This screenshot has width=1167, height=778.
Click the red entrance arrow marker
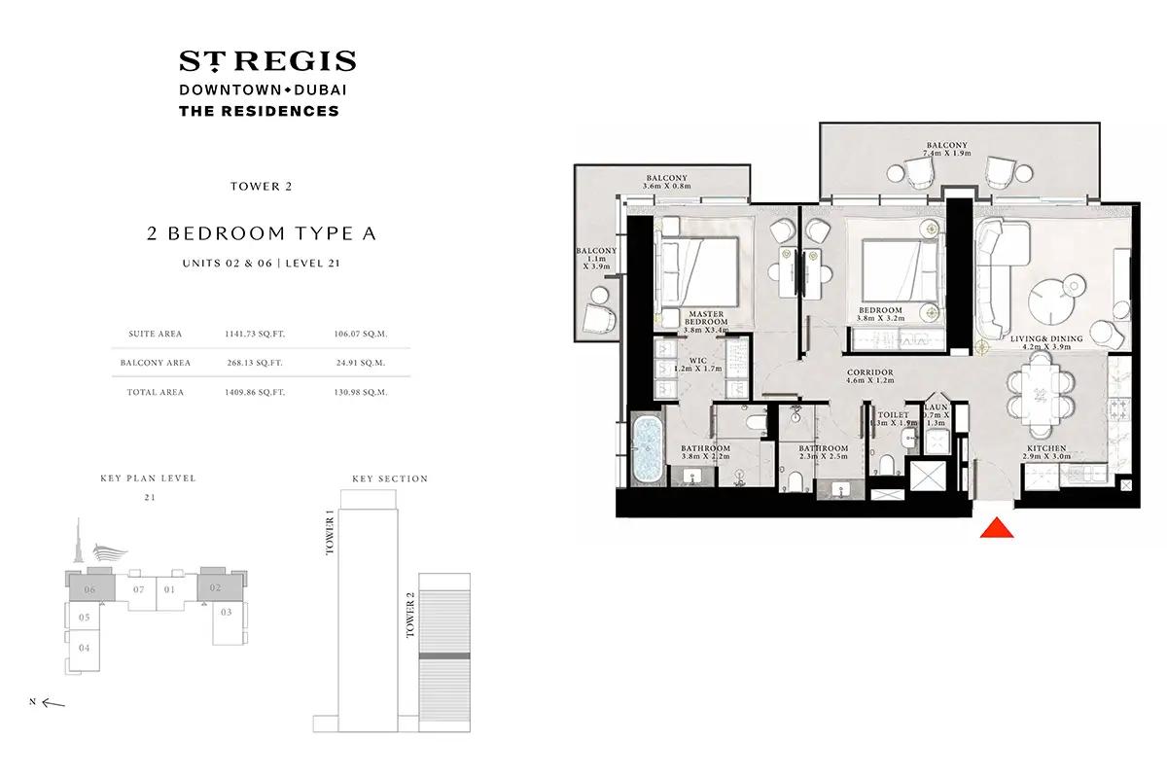point(996,527)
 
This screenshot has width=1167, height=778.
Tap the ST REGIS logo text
point(267,62)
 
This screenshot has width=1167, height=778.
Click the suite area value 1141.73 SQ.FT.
point(253,334)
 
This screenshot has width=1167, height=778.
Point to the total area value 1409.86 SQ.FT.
point(253,392)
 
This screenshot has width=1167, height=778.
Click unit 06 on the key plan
point(89,589)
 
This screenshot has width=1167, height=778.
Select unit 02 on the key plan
point(215,588)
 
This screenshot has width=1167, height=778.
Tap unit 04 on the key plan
point(85,647)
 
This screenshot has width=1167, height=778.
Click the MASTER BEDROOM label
point(707,322)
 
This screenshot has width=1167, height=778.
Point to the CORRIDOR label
point(869,372)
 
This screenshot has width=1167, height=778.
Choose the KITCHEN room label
point(1046,449)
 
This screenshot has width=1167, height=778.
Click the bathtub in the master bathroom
point(645,449)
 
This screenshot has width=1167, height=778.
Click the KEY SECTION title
point(389,478)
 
